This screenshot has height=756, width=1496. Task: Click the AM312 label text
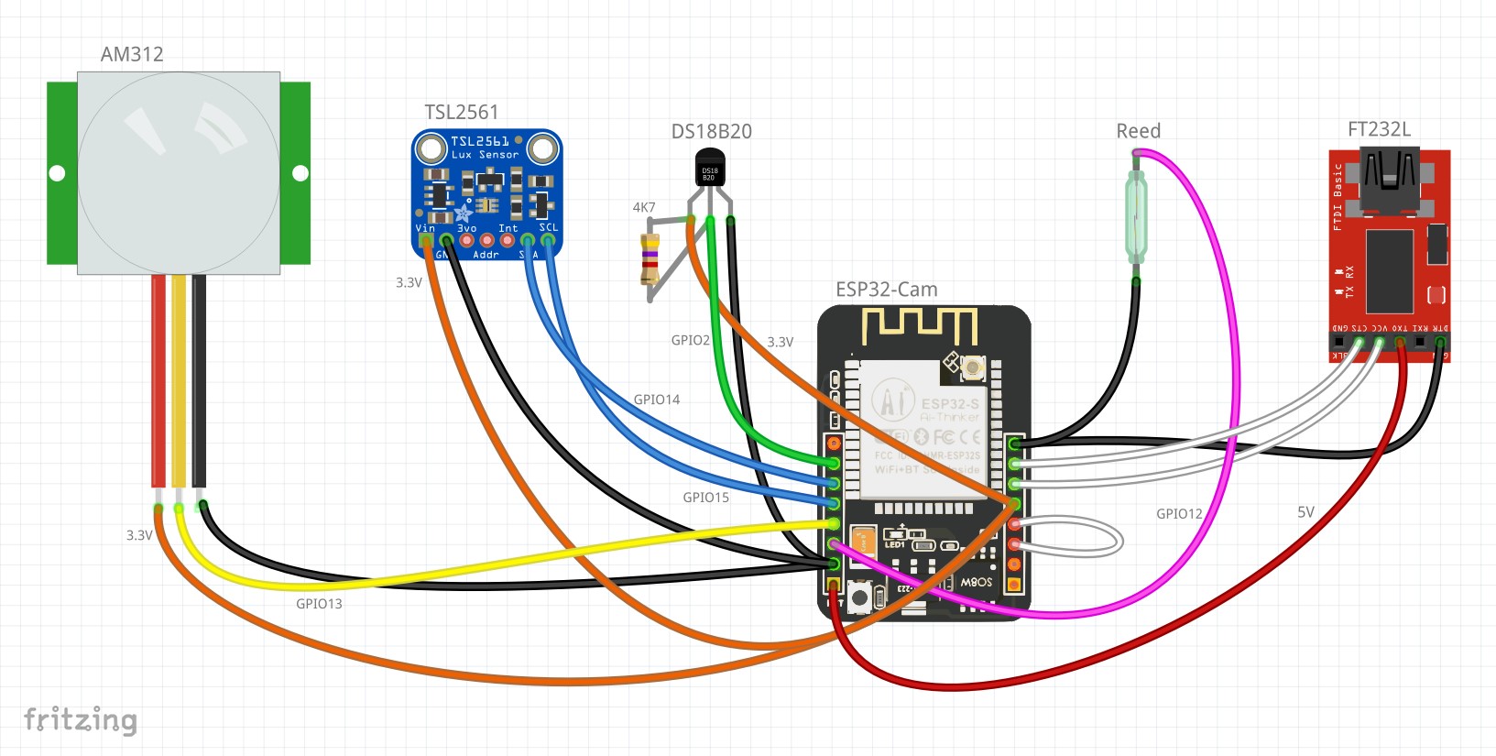coord(132,54)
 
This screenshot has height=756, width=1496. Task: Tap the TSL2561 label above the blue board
coord(462,112)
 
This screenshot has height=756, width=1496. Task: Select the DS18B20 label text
coord(711,131)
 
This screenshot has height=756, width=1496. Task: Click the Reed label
coord(1138,131)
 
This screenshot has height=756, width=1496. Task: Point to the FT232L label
coord(1379,129)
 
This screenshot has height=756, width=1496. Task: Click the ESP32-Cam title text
coord(886,290)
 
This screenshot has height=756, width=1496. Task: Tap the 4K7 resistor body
coord(650,258)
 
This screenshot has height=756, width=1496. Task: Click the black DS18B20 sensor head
coord(710,170)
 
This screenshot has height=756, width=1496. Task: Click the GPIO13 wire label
coord(319,604)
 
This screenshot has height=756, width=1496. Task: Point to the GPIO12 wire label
coord(1179,514)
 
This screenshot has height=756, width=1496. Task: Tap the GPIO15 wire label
coord(705,498)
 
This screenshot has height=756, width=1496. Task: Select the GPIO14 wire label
coord(657,400)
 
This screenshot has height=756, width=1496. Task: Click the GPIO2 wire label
coord(690,340)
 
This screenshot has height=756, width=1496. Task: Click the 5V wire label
coord(1305,512)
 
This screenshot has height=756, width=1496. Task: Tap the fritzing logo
coord(81,720)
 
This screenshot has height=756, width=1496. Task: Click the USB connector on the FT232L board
coord(1389,178)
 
